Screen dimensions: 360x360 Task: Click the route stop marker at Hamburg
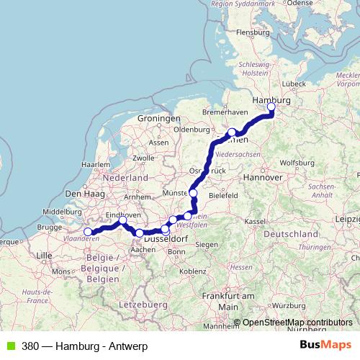pyautogui.click(x=271, y=108)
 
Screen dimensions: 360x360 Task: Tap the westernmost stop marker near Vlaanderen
pyautogui.click(x=89, y=232)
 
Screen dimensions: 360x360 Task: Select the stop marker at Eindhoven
pyautogui.click(x=122, y=220)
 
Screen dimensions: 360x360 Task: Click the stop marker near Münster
pyautogui.click(x=193, y=193)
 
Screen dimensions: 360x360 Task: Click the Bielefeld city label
pyautogui.click(x=224, y=195)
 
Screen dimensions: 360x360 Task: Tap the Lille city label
pyautogui.click(x=45, y=255)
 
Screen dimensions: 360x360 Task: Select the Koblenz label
pyautogui.click(x=193, y=271)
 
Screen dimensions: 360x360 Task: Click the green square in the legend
pyautogui.click(x=8, y=346)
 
